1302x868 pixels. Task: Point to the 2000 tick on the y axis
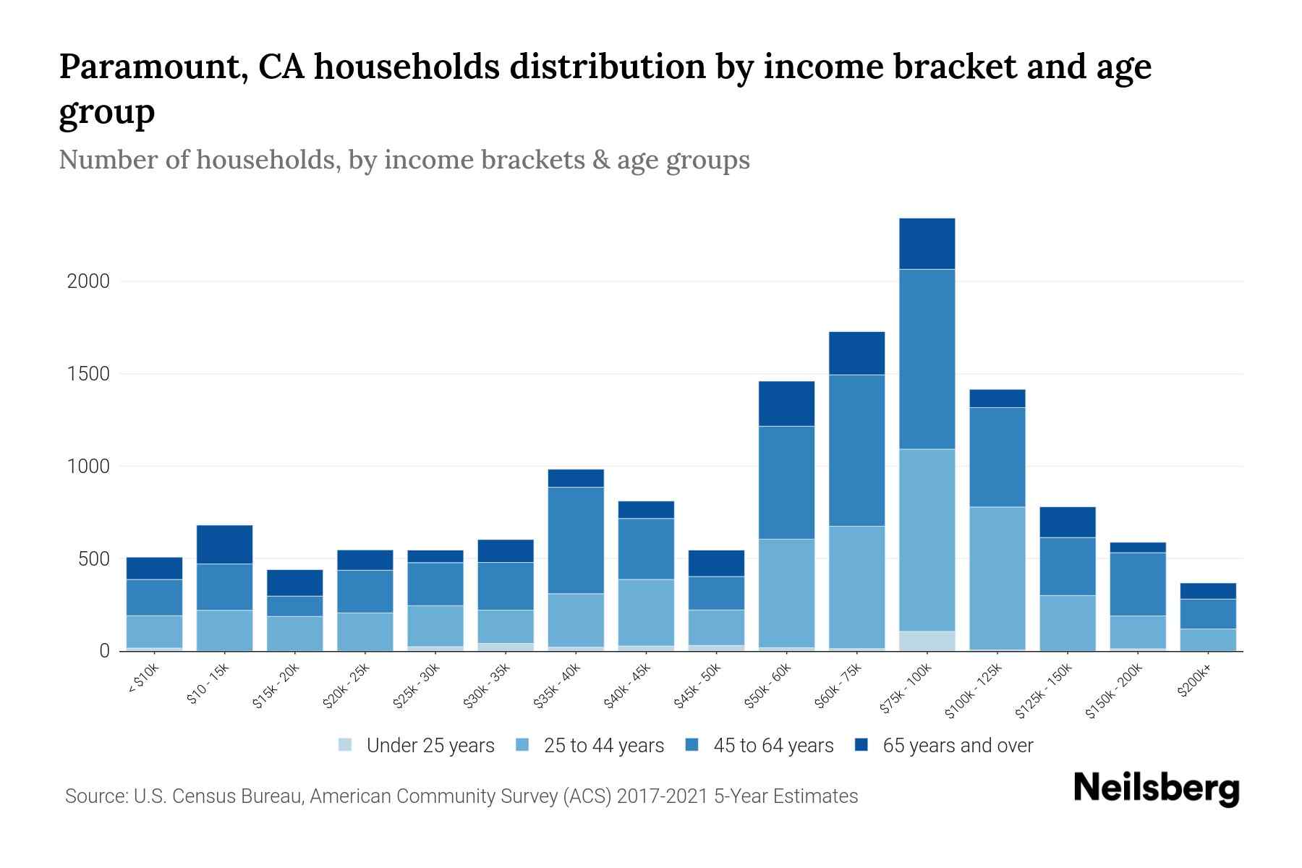click(x=88, y=281)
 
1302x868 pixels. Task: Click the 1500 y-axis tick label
click(x=88, y=374)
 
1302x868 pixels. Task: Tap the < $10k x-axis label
click(x=144, y=681)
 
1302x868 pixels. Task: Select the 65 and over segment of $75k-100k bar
click(x=927, y=244)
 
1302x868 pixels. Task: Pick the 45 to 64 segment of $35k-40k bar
click(x=576, y=540)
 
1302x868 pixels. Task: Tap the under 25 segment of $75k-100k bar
click(x=927, y=641)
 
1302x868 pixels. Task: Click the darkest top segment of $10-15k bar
click(x=224, y=544)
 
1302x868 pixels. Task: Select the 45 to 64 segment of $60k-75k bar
click(x=856, y=450)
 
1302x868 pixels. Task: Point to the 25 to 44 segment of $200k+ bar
click(x=1207, y=639)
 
